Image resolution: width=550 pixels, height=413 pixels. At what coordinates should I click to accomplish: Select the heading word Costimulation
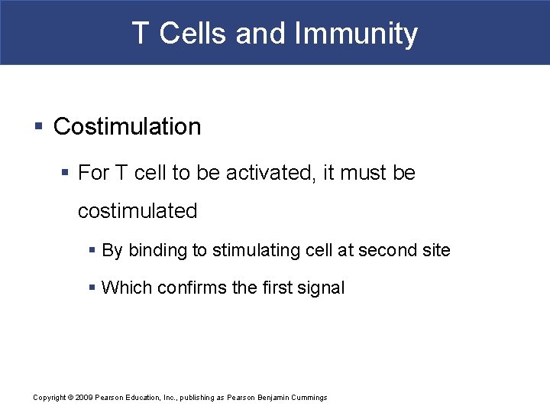click(x=127, y=127)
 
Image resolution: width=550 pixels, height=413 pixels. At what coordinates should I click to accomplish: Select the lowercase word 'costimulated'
click(x=137, y=211)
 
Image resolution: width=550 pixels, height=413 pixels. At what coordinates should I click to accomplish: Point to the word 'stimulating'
click(x=251, y=250)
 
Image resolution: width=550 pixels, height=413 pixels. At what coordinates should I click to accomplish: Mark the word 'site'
click(x=436, y=250)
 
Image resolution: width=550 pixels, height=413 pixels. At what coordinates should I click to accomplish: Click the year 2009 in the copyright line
click(x=84, y=398)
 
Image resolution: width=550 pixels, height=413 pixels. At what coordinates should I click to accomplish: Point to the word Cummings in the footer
click(x=307, y=398)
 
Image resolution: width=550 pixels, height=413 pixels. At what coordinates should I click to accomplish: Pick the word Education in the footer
click(x=140, y=398)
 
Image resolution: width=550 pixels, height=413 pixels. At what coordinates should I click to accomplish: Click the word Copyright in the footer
click(x=49, y=398)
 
